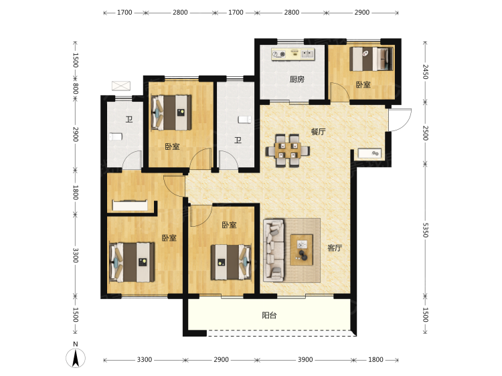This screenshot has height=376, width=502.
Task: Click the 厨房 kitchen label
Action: point(297,79)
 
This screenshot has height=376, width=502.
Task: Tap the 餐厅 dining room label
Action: point(318,132)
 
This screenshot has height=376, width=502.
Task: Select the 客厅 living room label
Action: point(335,248)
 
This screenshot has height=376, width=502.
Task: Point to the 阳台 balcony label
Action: point(269,315)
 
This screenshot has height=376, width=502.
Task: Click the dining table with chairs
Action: point(288,151)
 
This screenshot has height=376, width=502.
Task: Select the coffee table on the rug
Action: point(301,250)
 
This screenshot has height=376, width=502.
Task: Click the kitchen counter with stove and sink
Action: point(293,54)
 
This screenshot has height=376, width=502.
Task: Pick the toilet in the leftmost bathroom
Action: point(116,136)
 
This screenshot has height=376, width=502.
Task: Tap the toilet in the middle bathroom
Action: point(244,120)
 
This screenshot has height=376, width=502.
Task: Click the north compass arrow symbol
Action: point(76,358)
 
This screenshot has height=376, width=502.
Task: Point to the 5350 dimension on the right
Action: point(425,230)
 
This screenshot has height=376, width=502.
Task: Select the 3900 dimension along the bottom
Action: point(305,360)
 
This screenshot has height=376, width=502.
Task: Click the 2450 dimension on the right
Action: point(425,72)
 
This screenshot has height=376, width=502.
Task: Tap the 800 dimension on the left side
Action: point(76,88)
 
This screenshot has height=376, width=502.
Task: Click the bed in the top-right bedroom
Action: point(371,59)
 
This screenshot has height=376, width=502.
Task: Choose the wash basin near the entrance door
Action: point(369,153)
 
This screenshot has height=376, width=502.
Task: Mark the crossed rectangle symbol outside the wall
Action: point(121,86)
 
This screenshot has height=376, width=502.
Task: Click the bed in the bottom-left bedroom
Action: point(132,262)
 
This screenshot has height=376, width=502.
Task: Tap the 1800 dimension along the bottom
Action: point(375,360)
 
